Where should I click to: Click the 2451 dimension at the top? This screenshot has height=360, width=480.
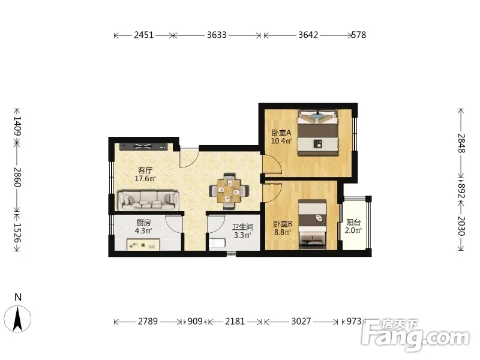[143, 35]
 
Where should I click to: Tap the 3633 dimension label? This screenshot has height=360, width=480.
[217, 35]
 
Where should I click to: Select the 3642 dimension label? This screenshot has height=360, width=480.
[308, 35]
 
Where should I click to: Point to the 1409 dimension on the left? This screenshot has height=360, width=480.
[17, 126]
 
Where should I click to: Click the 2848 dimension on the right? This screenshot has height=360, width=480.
[461, 143]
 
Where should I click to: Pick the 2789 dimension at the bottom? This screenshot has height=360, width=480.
[148, 321]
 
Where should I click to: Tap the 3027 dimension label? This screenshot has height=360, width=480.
[301, 321]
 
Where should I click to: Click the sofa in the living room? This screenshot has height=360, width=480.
[148, 200]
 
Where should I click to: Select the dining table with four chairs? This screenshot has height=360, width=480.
[229, 191]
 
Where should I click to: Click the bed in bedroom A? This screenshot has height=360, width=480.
[318, 133]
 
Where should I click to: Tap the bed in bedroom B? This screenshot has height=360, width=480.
[313, 223]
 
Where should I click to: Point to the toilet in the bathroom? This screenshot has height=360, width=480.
[218, 244]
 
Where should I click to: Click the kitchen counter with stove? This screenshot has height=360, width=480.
[143, 245]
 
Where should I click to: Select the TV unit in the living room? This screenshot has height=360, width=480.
[143, 146]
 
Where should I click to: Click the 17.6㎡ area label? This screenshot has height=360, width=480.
[145, 178]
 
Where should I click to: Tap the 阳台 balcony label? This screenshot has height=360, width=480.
[353, 222]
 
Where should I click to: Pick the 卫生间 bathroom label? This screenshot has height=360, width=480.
[242, 227]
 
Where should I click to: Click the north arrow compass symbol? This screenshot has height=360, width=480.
[18, 319]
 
